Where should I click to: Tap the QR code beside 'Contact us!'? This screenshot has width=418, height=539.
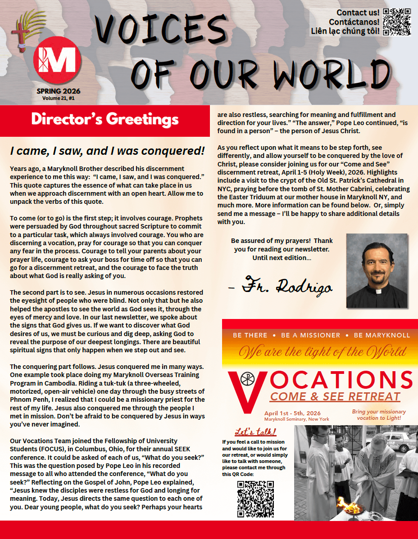click(x=397, y=21)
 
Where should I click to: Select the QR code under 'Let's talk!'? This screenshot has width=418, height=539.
click(x=255, y=499)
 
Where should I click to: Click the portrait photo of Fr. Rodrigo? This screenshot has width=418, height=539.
click(x=377, y=270)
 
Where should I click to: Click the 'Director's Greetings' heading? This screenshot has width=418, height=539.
click(x=104, y=120)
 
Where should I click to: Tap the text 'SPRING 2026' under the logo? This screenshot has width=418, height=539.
click(x=59, y=91)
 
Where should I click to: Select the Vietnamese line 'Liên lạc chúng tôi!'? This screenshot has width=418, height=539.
click(x=345, y=31)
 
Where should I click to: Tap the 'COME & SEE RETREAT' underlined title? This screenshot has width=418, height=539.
click(x=335, y=397)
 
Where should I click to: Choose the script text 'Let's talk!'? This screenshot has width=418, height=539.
click(x=255, y=432)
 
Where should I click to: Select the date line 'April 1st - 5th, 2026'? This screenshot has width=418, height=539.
click(x=292, y=413)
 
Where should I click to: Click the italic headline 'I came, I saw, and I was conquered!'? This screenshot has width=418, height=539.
click(x=107, y=151)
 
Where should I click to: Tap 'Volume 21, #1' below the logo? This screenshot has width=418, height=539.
click(x=59, y=98)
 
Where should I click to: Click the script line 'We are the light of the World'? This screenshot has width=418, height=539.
click(x=322, y=351)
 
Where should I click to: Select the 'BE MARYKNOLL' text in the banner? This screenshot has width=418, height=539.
click(x=382, y=335)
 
